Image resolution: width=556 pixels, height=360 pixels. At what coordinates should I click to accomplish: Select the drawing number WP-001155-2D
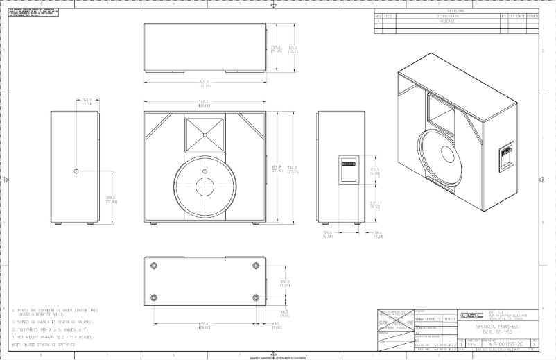(503, 342)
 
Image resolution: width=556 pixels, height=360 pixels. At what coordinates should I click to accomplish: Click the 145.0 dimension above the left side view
(87, 101)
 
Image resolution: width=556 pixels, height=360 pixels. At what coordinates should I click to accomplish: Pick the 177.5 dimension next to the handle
(374, 171)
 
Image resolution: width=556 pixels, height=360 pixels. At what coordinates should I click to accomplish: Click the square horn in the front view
(205, 132)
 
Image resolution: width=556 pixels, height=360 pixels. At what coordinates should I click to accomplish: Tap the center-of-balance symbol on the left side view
(76, 170)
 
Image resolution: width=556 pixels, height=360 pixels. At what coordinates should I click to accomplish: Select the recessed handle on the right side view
(347, 169)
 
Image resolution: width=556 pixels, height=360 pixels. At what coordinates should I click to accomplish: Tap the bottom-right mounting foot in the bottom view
(257, 297)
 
